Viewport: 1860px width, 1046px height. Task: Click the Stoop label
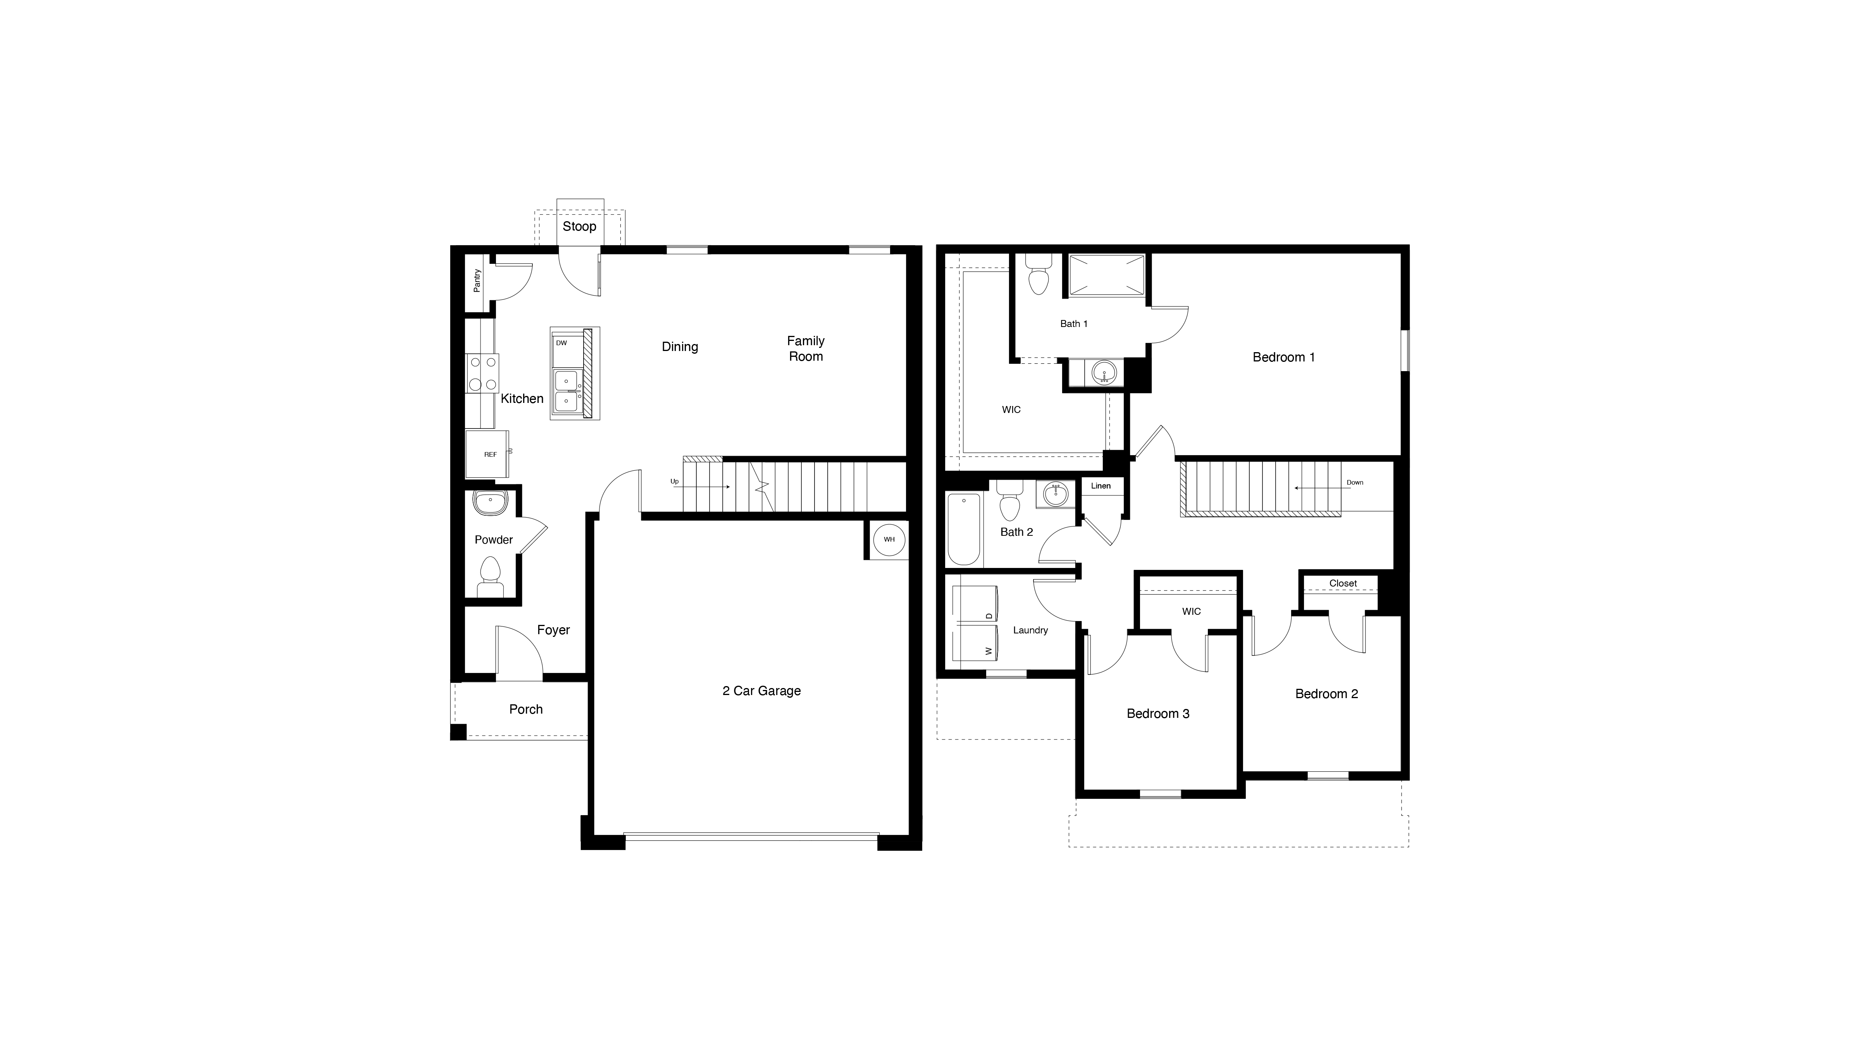tap(579, 227)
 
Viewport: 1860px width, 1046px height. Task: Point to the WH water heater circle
tap(889, 539)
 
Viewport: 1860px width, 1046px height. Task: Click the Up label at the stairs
tap(674, 482)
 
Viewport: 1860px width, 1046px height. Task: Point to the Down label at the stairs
tap(1355, 482)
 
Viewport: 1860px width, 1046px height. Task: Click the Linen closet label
tap(1100, 486)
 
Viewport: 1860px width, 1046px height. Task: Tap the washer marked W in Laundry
tap(975, 644)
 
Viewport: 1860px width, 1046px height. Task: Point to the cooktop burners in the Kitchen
tap(482, 373)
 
